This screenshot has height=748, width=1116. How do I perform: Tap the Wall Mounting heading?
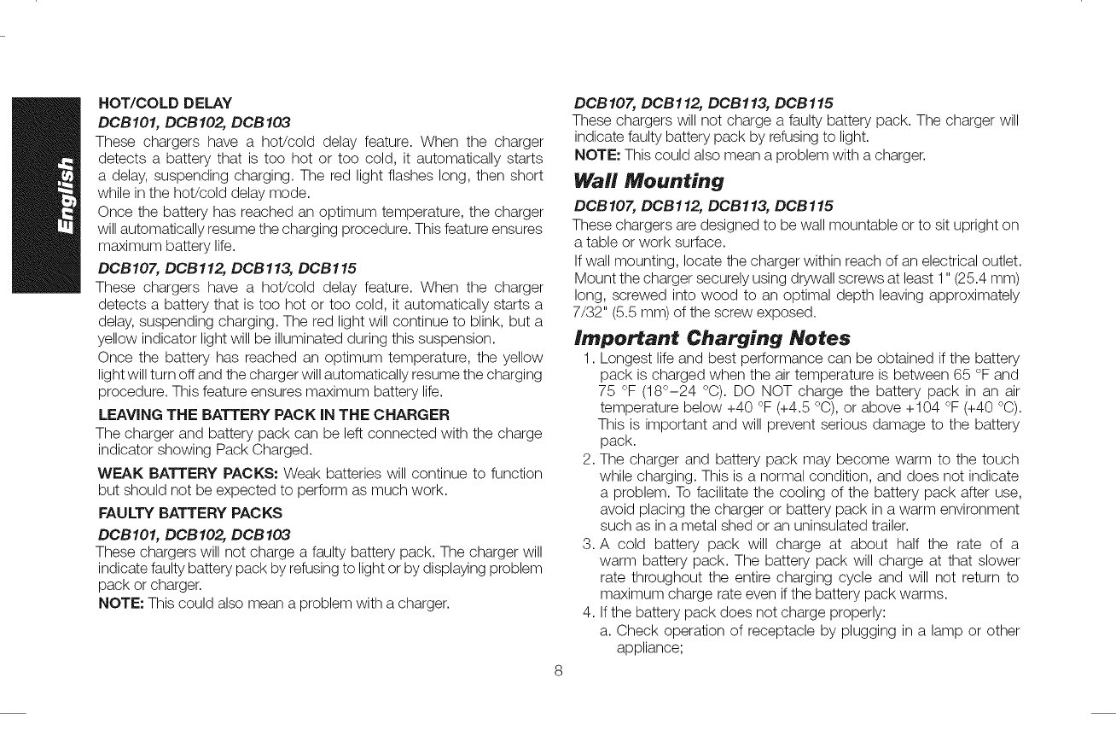click(648, 181)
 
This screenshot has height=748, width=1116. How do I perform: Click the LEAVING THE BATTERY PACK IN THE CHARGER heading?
click(273, 416)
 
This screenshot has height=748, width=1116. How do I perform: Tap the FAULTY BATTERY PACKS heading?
click(190, 513)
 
